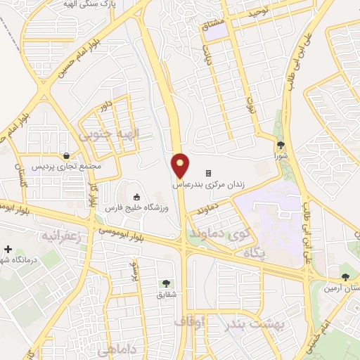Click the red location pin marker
tap(181, 165)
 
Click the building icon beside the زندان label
tap(208, 174)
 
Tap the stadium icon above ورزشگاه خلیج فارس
tap(136, 197)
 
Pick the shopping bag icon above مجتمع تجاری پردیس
tap(65, 156)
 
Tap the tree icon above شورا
tap(281, 145)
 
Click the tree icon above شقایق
tap(166, 283)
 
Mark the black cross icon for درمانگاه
tap(8, 249)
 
